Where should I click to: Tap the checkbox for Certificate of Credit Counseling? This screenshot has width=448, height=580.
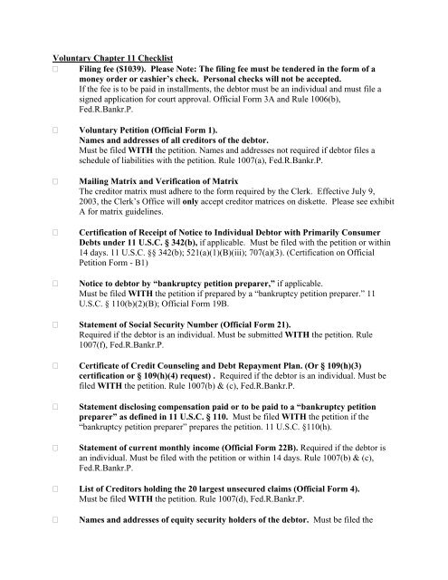(x=55, y=371)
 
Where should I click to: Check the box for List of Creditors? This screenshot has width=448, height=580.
(x=55, y=521)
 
